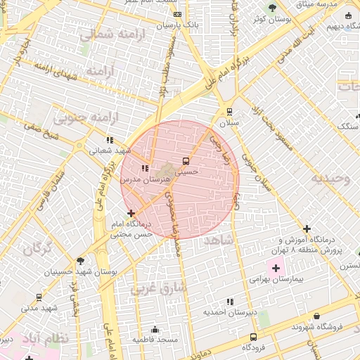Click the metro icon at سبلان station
click(x=229, y=112)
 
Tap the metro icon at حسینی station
click(x=186, y=160)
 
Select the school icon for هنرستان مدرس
click(x=144, y=169)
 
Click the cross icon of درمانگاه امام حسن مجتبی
click(x=131, y=212)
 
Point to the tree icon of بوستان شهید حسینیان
click(x=80, y=260)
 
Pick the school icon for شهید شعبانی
click(x=109, y=139)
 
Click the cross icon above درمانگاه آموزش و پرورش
click(x=307, y=229)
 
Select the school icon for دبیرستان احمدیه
click(x=230, y=302)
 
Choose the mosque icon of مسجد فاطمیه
click(x=155, y=330)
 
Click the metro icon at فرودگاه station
click(x=254, y=337)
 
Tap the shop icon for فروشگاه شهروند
click(x=317, y=316)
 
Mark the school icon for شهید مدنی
click(x=39, y=297)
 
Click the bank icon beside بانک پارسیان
click(x=177, y=14)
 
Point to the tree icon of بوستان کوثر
click(x=272, y=8)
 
